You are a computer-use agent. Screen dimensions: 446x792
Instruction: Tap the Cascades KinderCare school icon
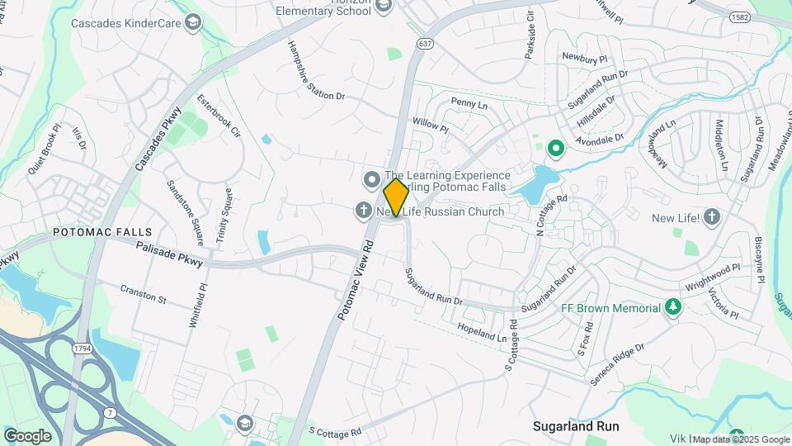click(193, 21)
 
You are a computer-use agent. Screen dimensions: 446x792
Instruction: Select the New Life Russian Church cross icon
click(362, 211)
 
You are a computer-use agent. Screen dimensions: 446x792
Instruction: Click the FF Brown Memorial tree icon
click(673, 308)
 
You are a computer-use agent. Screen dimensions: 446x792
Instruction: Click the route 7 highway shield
click(108, 410)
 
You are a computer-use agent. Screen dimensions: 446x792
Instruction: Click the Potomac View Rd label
click(356, 280)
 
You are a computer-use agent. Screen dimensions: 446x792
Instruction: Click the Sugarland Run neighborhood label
click(576, 427)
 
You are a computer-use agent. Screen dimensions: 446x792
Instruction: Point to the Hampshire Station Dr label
click(315, 71)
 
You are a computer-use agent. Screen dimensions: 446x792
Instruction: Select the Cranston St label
click(143, 292)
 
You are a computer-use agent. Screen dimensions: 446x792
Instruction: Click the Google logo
click(27, 435)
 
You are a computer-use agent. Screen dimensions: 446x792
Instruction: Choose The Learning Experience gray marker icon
click(371, 178)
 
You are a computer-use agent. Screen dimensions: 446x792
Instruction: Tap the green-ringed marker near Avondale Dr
click(555, 149)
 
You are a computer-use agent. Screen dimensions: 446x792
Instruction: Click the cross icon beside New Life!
click(712, 218)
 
